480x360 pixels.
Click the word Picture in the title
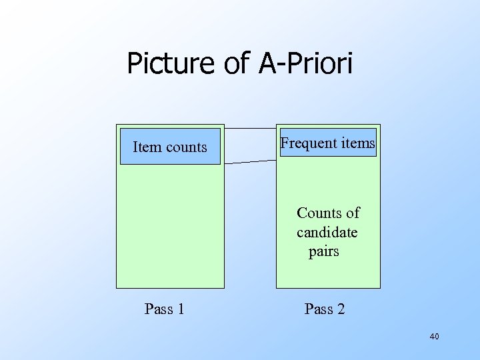(x=168, y=64)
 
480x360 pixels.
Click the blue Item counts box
(x=170, y=146)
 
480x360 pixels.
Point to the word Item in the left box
(x=145, y=147)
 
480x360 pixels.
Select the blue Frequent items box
(x=328, y=143)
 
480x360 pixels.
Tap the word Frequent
(x=307, y=143)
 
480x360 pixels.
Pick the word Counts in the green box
(x=319, y=213)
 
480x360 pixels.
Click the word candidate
(x=327, y=232)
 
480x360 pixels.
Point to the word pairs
(x=324, y=251)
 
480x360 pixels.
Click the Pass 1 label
(x=165, y=309)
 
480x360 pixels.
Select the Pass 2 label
(x=325, y=309)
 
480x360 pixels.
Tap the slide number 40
(x=434, y=337)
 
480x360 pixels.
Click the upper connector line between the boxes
(x=250, y=128)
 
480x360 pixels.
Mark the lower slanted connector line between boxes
(x=250, y=161)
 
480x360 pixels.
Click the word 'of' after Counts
(x=352, y=213)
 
